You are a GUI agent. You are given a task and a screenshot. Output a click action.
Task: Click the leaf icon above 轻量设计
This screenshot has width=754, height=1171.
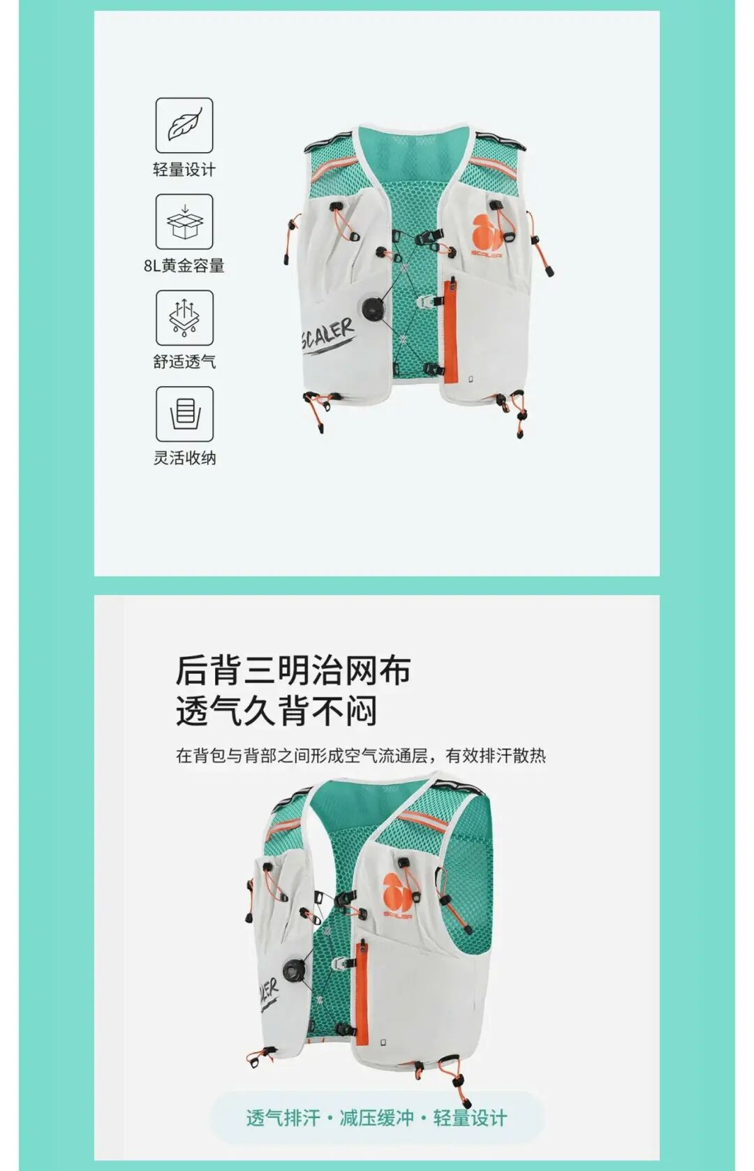[x=184, y=126]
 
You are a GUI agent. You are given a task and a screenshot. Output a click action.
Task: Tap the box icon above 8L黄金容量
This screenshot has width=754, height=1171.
[x=184, y=221]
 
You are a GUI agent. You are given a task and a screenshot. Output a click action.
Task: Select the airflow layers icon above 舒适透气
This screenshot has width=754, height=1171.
[x=184, y=318]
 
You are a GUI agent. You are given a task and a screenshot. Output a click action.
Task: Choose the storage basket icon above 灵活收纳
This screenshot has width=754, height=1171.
[x=184, y=414]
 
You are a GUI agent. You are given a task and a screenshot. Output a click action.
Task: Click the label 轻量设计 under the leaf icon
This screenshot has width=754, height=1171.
[x=184, y=170]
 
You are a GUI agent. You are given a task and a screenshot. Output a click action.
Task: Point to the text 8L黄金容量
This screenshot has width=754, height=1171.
[x=184, y=265]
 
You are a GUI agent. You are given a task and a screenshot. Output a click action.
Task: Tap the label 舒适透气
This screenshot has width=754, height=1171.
[x=184, y=362]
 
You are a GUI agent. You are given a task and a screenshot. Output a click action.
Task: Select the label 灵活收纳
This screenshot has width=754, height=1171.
[x=184, y=458]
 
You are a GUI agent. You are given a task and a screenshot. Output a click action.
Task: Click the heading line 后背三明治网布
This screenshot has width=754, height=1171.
[x=293, y=670]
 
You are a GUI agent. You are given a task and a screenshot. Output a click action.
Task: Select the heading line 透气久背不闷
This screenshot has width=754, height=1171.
[x=276, y=711]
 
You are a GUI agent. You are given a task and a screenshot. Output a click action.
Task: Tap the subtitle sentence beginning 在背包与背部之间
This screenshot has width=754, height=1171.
[x=360, y=756]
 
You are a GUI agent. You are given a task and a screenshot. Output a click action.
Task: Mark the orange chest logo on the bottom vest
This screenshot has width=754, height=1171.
[x=398, y=894]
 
